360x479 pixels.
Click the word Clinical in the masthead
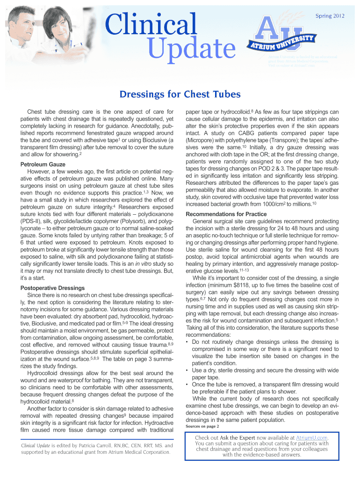pos(151,24)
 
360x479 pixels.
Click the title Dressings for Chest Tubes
pos(180,95)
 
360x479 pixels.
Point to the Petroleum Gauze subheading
pos(43,165)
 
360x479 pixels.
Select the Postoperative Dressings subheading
pos(52,288)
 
